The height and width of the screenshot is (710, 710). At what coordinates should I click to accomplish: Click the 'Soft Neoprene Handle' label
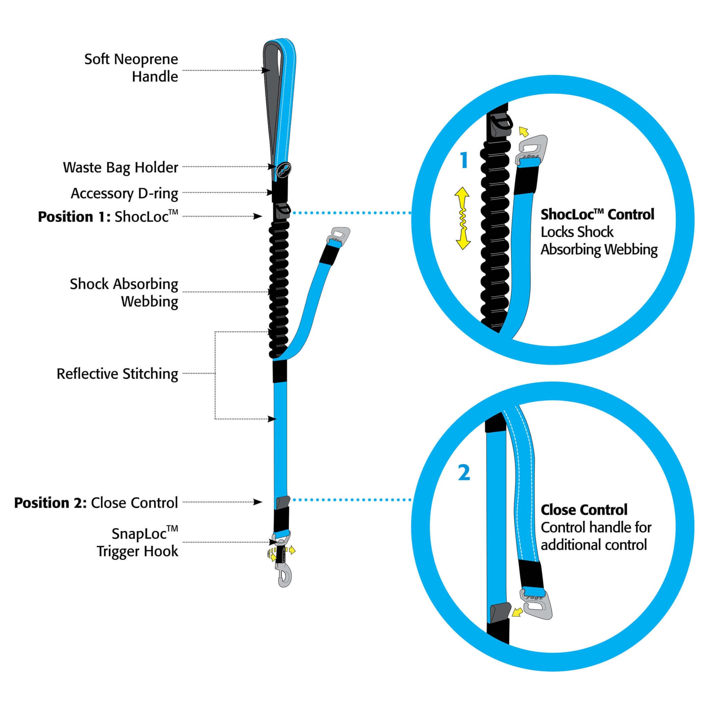(x=131, y=68)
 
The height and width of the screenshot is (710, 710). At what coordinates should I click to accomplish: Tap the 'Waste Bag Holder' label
(x=120, y=167)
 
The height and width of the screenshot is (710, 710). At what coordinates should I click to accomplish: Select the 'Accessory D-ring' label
(x=124, y=193)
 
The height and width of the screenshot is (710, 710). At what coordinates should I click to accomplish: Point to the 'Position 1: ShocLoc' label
(x=108, y=216)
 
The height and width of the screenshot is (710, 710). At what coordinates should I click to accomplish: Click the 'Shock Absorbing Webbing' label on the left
(x=124, y=293)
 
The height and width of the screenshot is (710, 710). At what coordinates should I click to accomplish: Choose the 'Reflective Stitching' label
(x=117, y=374)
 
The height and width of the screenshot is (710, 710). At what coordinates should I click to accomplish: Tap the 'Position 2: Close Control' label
(x=96, y=502)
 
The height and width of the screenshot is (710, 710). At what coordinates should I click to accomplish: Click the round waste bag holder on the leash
(x=284, y=170)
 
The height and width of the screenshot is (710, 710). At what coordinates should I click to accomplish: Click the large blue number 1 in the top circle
(x=464, y=160)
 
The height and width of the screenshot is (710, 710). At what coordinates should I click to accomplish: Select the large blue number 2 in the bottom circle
(x=464, y=473)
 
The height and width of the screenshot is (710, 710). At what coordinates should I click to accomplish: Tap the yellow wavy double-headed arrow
(x=463, y=218)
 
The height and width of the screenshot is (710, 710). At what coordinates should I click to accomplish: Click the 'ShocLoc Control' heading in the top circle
(x=597, y=214)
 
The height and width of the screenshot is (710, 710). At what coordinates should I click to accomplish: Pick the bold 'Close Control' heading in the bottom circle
(x=584, y=510)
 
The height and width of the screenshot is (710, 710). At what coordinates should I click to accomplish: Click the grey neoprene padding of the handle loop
(x=273, y=92)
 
